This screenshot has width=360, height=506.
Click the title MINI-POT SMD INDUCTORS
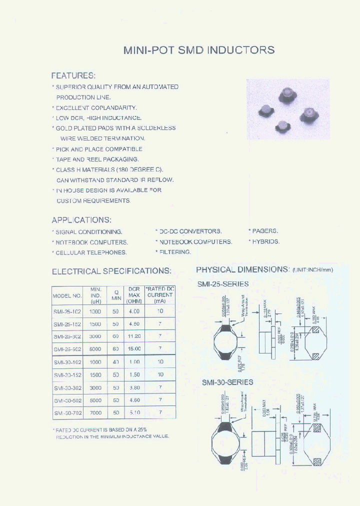click(198, 50)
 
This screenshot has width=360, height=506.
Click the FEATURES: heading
click(73, 75)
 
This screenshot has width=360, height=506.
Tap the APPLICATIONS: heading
click(81, 220)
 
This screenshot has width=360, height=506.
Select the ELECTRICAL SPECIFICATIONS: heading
click(111, 271)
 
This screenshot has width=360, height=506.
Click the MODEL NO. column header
click(67, 295)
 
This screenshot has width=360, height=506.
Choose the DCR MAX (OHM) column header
click(134, 295)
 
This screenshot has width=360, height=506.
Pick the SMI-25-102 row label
click(67, 311)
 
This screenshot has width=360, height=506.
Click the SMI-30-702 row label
click(67, 413)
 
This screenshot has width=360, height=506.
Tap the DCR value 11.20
click(134, 336)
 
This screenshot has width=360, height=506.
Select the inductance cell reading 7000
click(95, 413)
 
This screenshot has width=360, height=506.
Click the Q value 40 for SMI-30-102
click(116, 362)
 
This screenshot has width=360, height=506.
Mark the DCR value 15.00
click(134, 349)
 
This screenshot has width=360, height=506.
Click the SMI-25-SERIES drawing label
click(223, 283)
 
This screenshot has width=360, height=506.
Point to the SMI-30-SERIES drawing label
click(227, 382)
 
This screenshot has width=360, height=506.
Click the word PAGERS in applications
click(265, 231)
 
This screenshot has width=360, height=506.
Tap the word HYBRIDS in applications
click(266, 241)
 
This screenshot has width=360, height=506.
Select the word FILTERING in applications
click(175, 252)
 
